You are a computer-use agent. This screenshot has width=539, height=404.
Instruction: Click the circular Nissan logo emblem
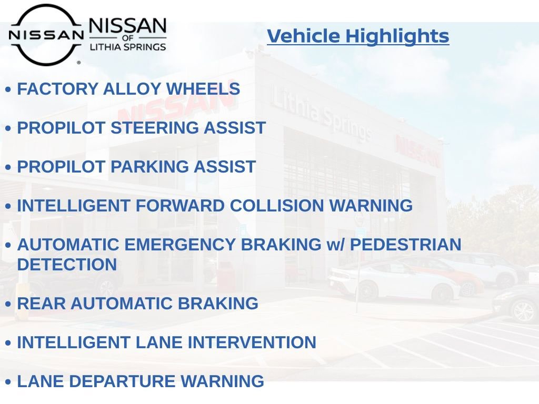[46, 35]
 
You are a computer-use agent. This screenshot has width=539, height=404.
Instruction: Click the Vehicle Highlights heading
[358, 36]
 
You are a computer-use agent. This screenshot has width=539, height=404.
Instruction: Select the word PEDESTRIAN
[405, 245]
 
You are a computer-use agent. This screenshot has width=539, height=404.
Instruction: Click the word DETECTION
[67, 265]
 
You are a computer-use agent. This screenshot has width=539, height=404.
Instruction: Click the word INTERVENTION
[252, 343]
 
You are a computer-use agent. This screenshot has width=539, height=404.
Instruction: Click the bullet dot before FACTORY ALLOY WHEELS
[8, 90]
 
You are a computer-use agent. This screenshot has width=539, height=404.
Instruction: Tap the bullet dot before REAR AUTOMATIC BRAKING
[8, 305]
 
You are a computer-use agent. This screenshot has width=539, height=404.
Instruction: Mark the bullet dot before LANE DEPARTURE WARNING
[8, 382]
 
